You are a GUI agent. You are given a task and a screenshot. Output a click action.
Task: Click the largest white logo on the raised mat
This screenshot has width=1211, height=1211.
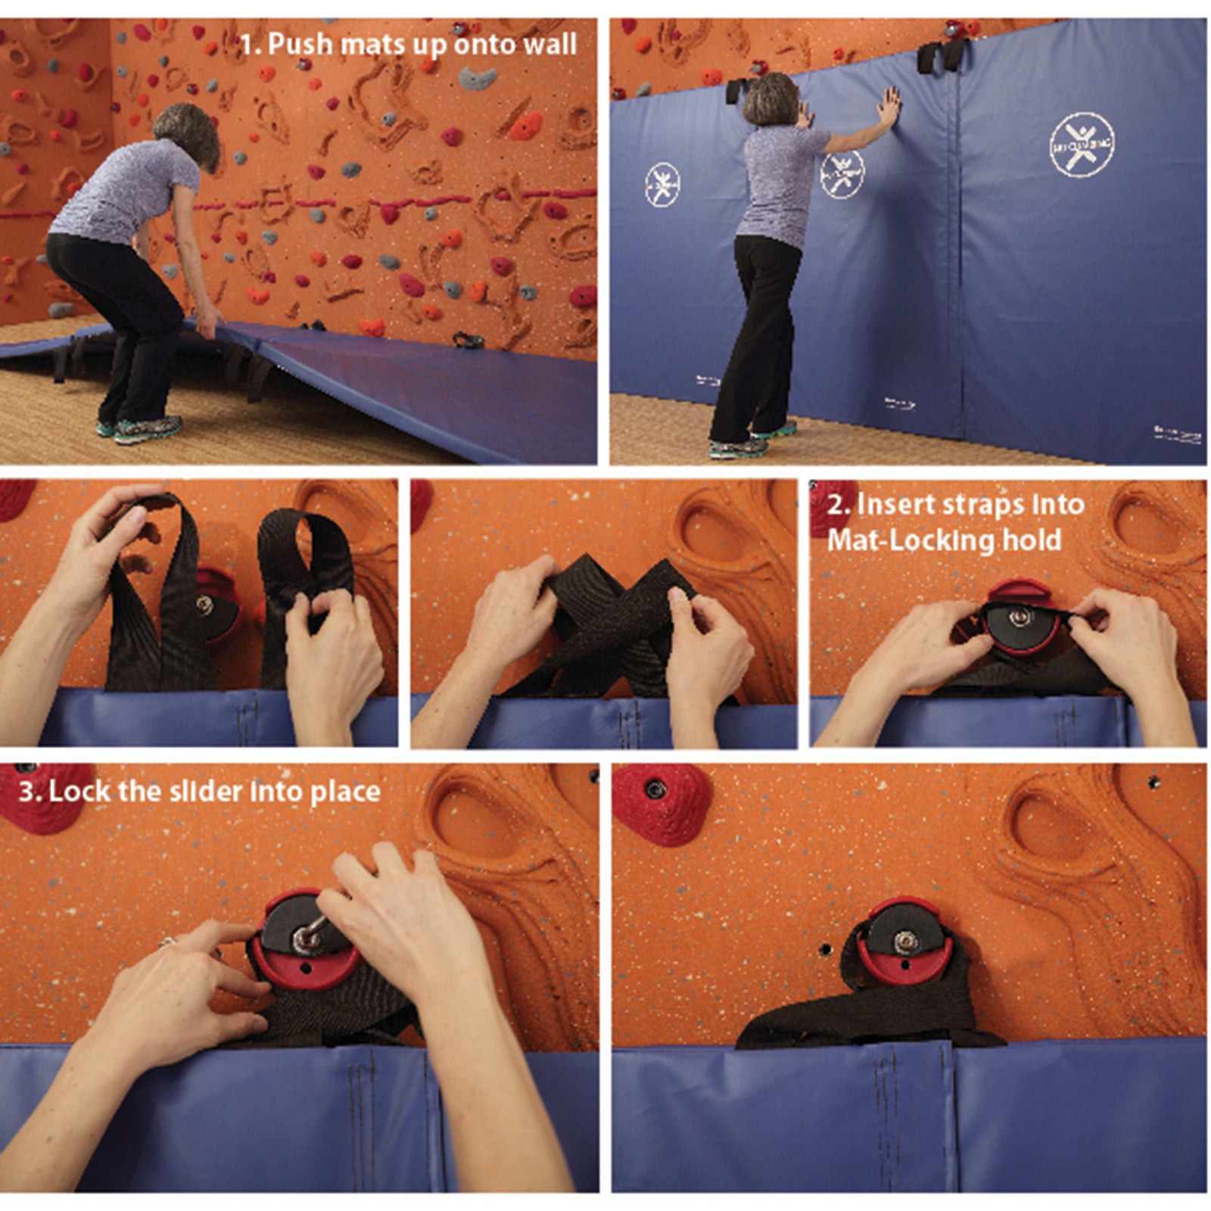(x=1082, y=145)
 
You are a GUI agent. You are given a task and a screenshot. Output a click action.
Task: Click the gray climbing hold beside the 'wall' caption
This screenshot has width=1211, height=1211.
(x=479, y=76)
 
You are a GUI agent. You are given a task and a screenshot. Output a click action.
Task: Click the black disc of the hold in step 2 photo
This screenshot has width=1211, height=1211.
(x=1022, y=624)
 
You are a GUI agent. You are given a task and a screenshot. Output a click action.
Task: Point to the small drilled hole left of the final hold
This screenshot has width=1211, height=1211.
(x=825, y=948)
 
